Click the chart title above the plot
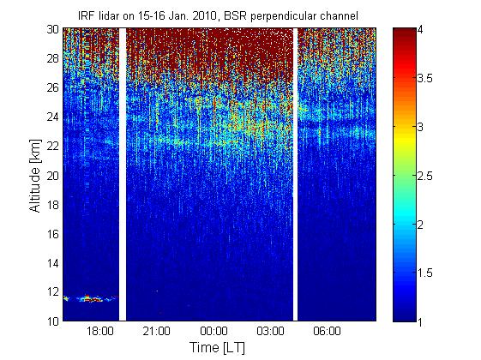point(218,15)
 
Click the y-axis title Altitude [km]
point(35,176)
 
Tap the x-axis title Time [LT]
point(217,347)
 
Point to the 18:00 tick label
point(100,331)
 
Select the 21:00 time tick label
point(156,331)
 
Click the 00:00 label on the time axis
point(213,331)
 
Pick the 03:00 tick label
point(271,331)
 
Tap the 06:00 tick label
point(327,331)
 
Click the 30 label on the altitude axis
point(52,29)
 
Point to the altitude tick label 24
point(52,117)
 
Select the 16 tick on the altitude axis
point(52,234)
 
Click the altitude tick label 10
point(52,321)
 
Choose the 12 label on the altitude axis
point(52,292)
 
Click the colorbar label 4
point(420,30)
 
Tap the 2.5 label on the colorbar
point(425,176)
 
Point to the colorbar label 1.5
point(425,273)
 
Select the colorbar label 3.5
point(425,79)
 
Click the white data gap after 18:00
point(123,175)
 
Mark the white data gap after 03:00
point(295,175)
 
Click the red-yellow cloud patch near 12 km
point(91,298)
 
